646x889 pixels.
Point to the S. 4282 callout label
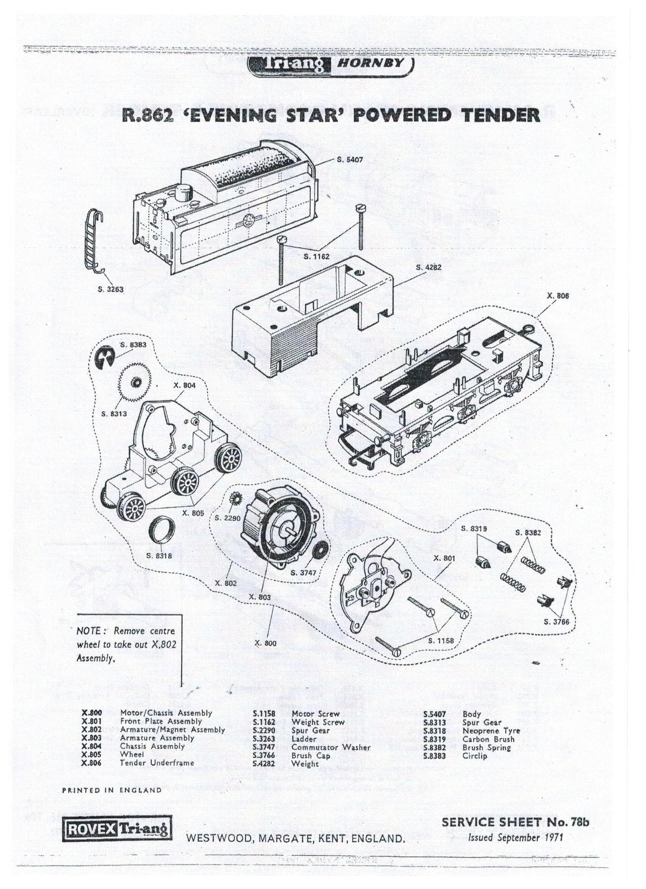(428, 267)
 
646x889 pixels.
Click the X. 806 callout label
(558, 296)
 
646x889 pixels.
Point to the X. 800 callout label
(265, 643)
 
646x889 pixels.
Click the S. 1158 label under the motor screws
(441, 641)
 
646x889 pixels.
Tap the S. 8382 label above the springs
(528, 533)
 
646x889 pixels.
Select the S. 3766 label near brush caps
(557, 622)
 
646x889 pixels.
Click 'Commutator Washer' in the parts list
(330, 747)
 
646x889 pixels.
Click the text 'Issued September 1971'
(515, 837)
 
